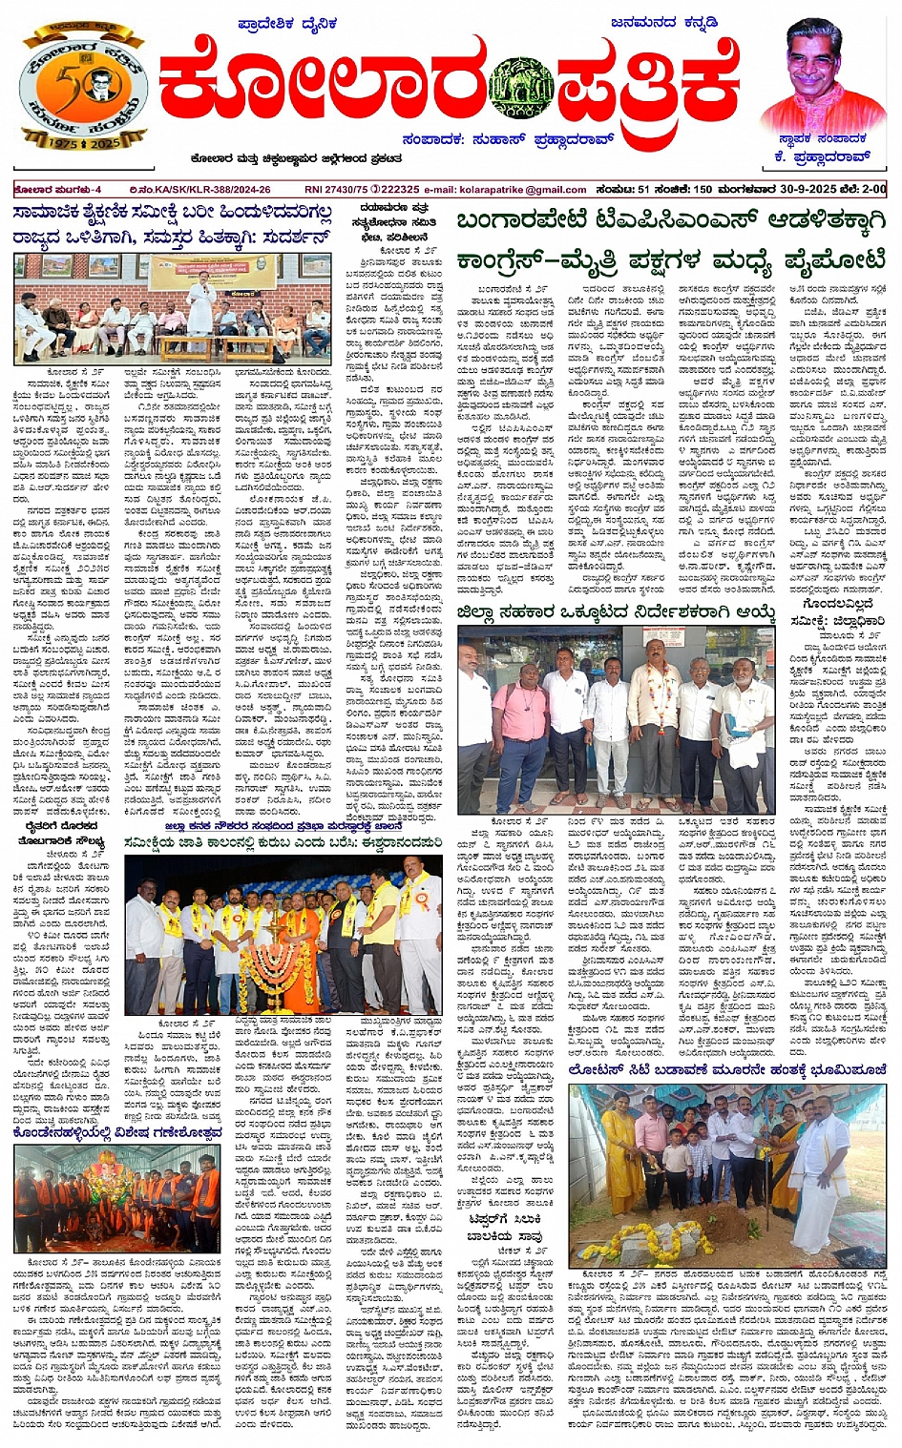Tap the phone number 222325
pos(401,190)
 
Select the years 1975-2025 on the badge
pos(84,142)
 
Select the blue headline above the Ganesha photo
pos(118,1133)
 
